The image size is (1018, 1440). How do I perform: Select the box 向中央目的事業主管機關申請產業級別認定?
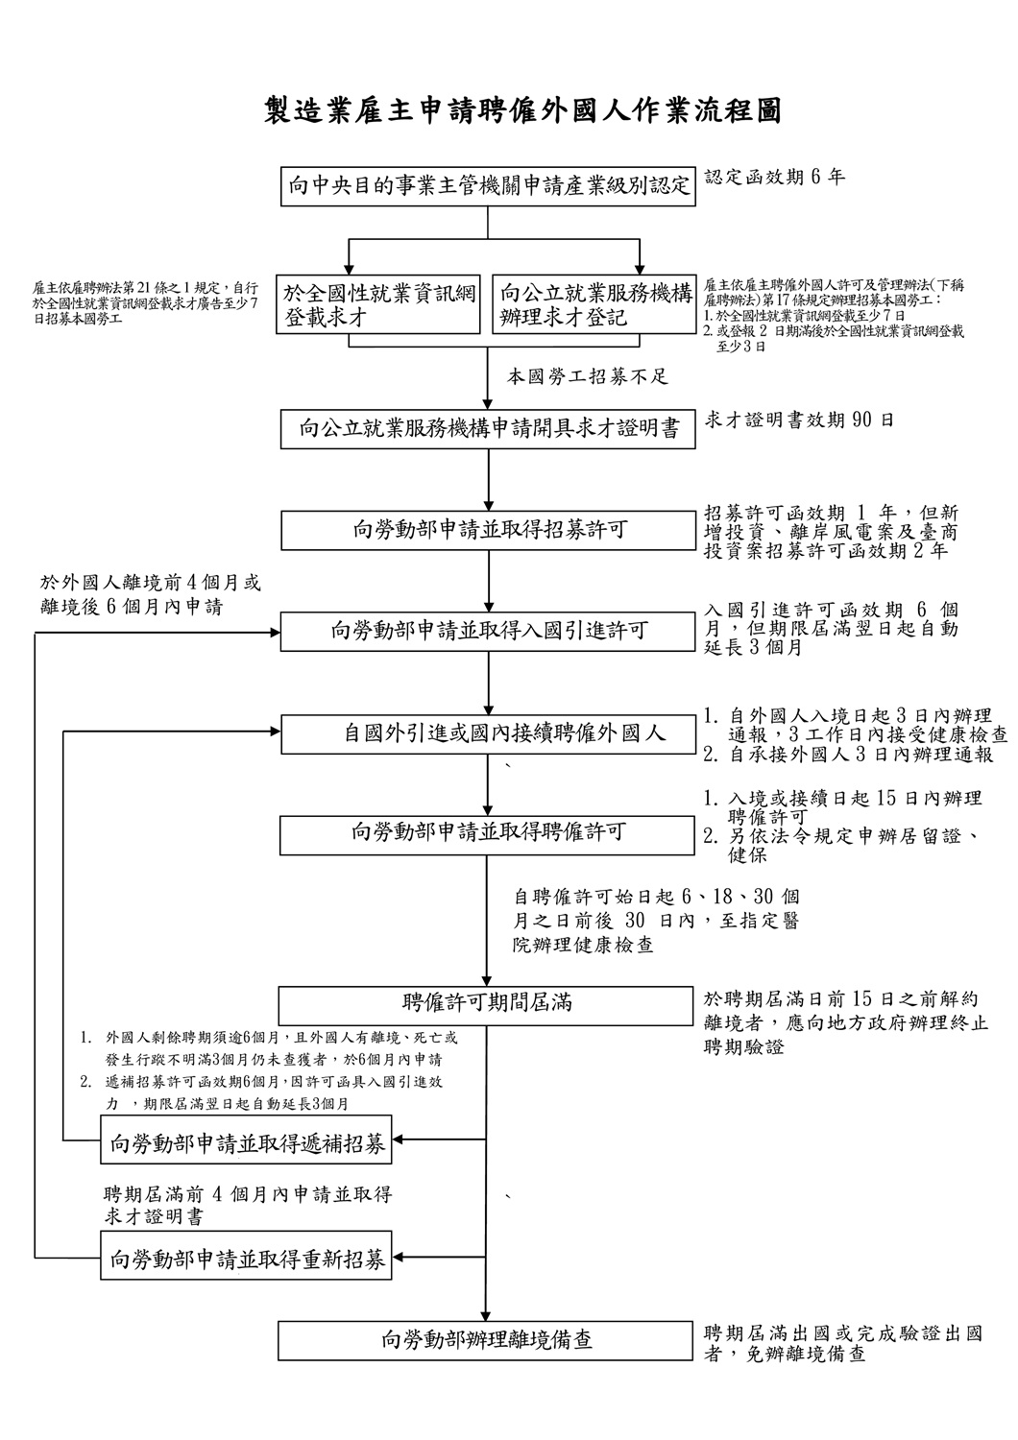click(x=488, y=186)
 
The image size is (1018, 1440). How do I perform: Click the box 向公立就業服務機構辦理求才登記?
click(x=595, y=304)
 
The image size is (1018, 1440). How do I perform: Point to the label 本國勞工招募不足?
click(x=587, y=377)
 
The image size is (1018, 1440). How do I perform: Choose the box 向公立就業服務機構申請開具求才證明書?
click(x=488, y=428)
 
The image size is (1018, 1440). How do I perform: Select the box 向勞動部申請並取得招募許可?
click(x=488, y=530)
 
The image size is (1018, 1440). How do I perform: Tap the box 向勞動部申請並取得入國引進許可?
click(x=488, y=631)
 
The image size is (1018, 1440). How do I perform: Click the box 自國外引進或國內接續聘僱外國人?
click(x=488, y=734)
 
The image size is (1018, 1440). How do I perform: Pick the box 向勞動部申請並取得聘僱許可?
click(x=488, y=832)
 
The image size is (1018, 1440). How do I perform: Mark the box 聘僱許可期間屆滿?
click(x=488, y=1004)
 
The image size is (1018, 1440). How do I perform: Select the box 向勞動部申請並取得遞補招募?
click(x=248, y=1142)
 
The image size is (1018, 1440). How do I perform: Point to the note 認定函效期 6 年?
click(x=775, y=178)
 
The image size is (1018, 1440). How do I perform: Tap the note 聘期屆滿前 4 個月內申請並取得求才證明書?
click(x=248, y=1205)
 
